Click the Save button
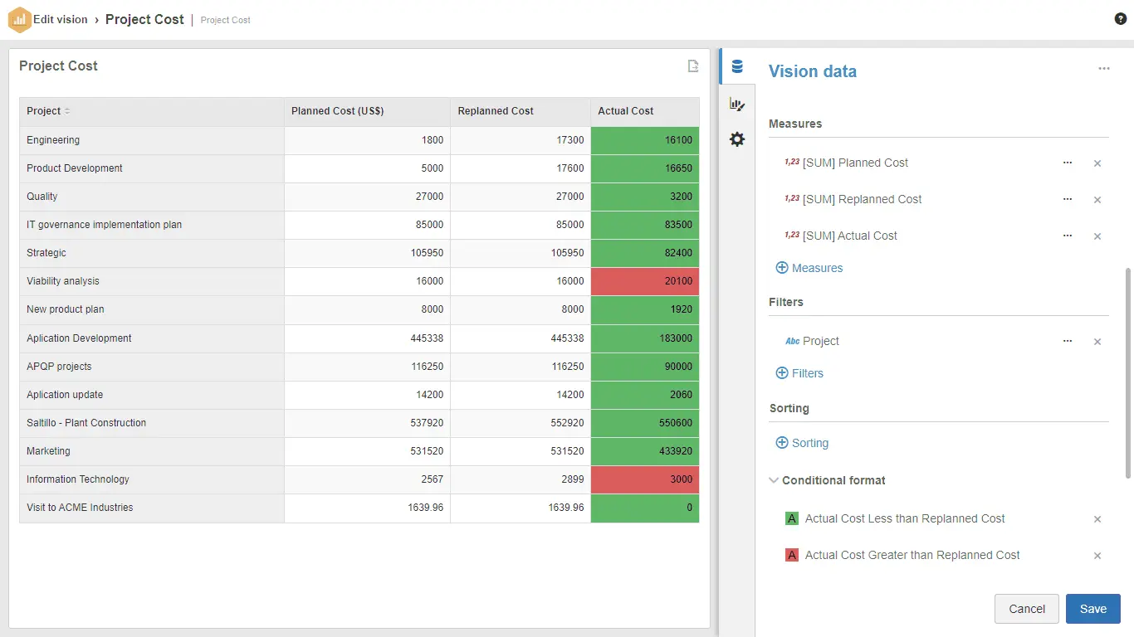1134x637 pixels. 1092,609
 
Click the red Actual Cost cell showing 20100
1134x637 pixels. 645,281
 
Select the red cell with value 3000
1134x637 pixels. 645,479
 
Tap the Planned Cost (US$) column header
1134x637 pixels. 367,111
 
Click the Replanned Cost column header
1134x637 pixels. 520,111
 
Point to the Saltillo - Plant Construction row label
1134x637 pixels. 86,423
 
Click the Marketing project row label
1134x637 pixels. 48,451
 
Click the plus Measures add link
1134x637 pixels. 809,268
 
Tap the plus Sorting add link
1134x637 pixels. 802,443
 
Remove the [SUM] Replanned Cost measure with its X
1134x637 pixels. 1097,200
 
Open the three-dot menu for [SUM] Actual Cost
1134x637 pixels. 1068,236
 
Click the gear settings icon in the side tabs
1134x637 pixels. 737,139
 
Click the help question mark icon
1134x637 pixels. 1120,19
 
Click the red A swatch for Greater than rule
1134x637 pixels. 791,556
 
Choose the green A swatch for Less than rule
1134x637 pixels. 791,519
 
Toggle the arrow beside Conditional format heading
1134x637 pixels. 774,480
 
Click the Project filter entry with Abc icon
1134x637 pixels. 820,341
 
